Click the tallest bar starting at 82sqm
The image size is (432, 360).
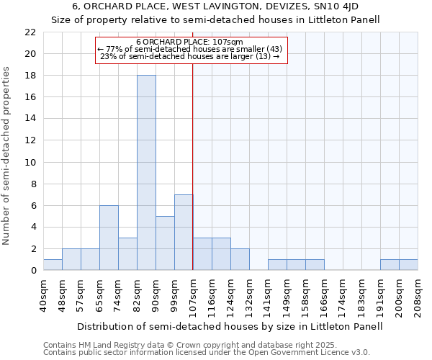point(146,173)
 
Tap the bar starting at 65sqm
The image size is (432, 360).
point(109,238)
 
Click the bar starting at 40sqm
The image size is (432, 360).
point(53,265)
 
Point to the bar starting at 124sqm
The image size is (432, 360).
point(240,259)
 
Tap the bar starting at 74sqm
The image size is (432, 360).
point(127,254)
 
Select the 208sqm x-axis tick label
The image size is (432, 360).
point(418,295)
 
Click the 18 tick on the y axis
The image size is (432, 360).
point(30,76)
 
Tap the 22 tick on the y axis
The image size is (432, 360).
point(30,32)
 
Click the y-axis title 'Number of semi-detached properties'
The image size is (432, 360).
point(7,156)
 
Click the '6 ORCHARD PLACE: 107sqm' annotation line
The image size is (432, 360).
point(191,42)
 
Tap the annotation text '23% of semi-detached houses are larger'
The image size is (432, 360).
point(190,56)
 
